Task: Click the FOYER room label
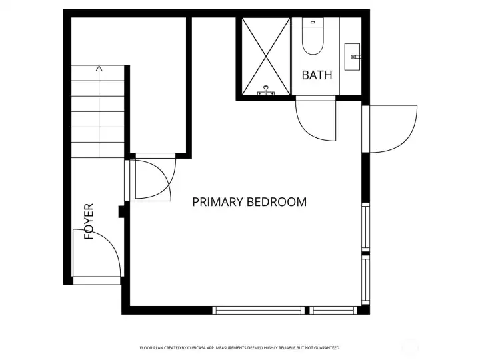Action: pos(89,221)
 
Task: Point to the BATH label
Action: pos(317,75)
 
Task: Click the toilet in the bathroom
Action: pos(312,39)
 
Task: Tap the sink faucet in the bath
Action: pos(355,57)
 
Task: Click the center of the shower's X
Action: pos(266,56)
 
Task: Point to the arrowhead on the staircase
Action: pos(99,68)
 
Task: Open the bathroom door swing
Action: pos(315,120)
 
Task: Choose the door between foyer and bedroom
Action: pos(153,177)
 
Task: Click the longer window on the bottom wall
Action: pos(258,310)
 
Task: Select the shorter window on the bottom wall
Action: pos(333,310)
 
